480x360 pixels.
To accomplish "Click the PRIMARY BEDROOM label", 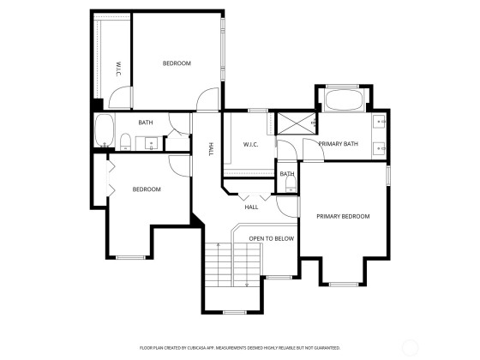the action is tap(343, 216).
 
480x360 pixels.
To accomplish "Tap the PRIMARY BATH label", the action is tap(338, 144).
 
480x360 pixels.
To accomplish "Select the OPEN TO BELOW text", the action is tap(271, 239).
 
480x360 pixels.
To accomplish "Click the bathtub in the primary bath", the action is tap(343, 99).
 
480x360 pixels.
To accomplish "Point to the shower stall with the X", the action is tap(296, 123).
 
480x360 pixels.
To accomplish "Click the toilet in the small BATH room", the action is tap(291, 184).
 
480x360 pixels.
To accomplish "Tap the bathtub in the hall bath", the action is tap(105, 130).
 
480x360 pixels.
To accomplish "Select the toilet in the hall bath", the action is tap(125, 142).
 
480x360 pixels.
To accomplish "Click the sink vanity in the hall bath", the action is tap(151, 144).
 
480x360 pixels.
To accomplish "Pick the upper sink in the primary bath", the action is tap(380, 121).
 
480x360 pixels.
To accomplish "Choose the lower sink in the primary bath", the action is tap(380, 148).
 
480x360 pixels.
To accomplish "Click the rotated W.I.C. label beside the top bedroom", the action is tap(119, 69).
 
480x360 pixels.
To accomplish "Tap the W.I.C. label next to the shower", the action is tap(250, 145).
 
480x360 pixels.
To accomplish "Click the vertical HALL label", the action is tap(211, 149).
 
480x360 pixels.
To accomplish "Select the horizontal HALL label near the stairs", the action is tap(251, 207).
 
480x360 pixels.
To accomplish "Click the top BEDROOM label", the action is tap(177, 63).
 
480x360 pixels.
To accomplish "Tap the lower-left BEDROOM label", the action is tap(147, 189).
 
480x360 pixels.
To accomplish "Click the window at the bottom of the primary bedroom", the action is tap(344, 285).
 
